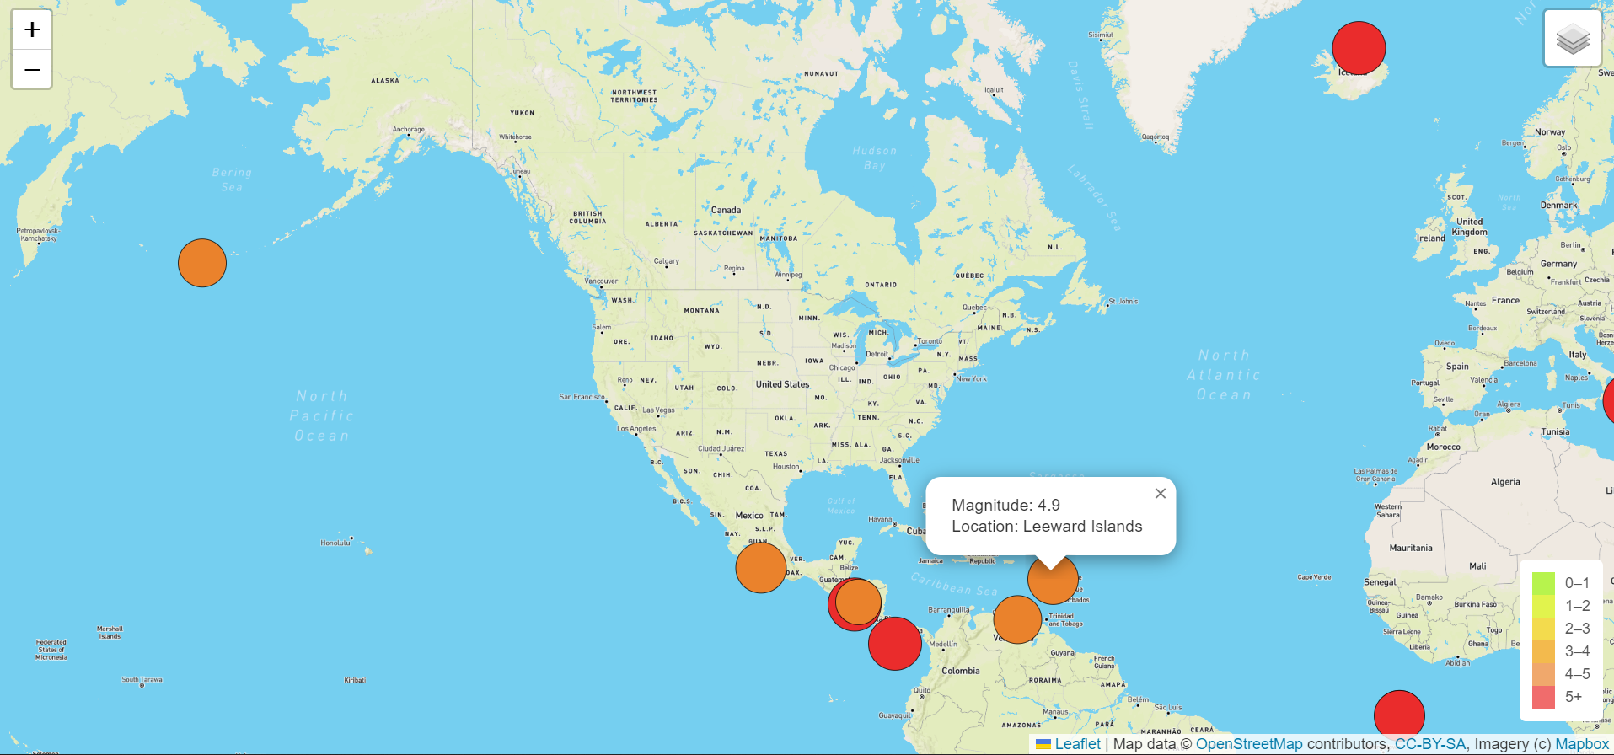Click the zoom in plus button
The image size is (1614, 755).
point(32,30)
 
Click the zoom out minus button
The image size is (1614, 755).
point(32,69)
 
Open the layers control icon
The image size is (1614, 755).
point(1572,39)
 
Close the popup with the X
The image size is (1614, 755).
point(1161,494)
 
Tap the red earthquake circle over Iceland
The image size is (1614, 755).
point(1359,48)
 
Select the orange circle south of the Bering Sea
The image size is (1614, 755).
point(202,263)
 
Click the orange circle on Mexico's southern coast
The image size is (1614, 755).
point(761,568)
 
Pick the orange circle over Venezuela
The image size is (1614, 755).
point(1017,619)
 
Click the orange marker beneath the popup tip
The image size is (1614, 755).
point(1054,580)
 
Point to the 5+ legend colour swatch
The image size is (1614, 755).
point(1543,697)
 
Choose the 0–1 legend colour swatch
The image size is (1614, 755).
point(1543,583)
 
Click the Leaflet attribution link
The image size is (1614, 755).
point(1077,744)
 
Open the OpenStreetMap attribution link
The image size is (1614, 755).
point(1249,744)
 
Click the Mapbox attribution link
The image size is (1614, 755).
point(1582,744)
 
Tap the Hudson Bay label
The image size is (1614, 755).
point(875,158)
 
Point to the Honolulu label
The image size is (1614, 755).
point(335,543)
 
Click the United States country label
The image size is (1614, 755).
point(782,384)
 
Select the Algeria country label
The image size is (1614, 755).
point(1505,482)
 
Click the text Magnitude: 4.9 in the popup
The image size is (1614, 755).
point(1006,506)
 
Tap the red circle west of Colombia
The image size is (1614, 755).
point(894,644)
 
